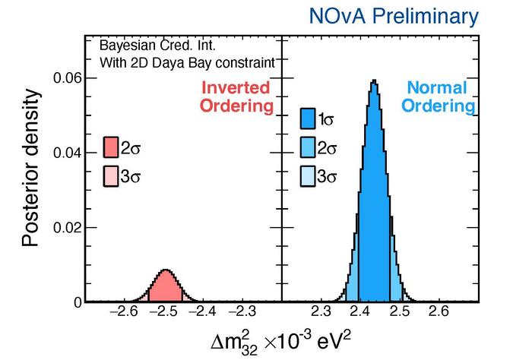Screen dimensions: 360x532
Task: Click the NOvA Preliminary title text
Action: (394, 16)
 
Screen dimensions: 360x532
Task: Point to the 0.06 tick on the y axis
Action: (68, 79)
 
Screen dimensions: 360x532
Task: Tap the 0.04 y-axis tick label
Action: (68, 153)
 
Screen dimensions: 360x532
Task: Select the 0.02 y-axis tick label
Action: (68, 228)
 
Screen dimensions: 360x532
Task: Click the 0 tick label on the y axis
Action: (78, 302)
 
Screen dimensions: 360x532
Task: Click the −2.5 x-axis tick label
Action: (164, 312)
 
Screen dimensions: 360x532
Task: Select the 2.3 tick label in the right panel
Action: (321, 312)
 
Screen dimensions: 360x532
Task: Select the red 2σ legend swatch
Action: (111, 147)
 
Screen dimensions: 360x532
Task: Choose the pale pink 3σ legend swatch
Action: (111, 176)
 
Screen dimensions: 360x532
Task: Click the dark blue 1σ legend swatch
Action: (308, 118)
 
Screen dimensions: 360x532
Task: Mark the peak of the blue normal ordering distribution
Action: (373, 81)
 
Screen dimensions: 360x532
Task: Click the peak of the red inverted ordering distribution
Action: (165, 270)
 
